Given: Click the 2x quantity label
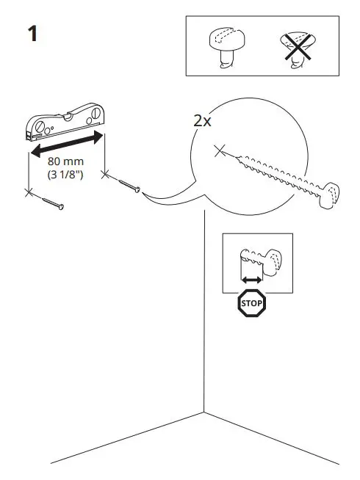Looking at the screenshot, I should tap(202, 121).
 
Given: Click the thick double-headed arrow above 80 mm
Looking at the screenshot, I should tap(65, 145).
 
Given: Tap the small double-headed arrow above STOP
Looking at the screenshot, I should tap(252, 280).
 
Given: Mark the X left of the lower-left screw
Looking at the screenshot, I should tap(29, 192).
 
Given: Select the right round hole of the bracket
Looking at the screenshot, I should tap(94, 116).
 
